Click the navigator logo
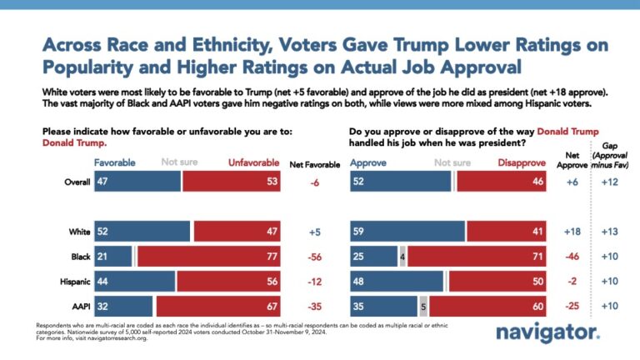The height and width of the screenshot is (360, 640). point(547,332)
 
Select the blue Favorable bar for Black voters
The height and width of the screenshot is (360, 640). point(113,257)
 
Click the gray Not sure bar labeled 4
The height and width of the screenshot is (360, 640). point(403,257)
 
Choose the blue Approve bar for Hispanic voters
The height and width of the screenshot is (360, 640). point(396,281)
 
